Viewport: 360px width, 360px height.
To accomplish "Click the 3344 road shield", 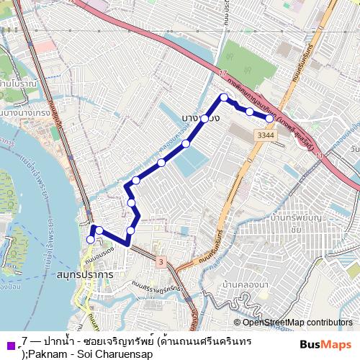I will point(266,135).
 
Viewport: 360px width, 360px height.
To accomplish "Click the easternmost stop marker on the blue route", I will point(269,118).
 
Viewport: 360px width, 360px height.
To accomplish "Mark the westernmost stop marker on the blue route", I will point(91,239).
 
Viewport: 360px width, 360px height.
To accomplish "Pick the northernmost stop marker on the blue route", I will point(224,97).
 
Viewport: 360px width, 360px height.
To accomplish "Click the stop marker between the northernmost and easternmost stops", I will point(249,112).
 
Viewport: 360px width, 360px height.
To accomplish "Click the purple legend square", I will point(9,343).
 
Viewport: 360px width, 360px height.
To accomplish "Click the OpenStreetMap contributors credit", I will point(297,322).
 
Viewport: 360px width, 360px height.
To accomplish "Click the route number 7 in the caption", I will point(25,339).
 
